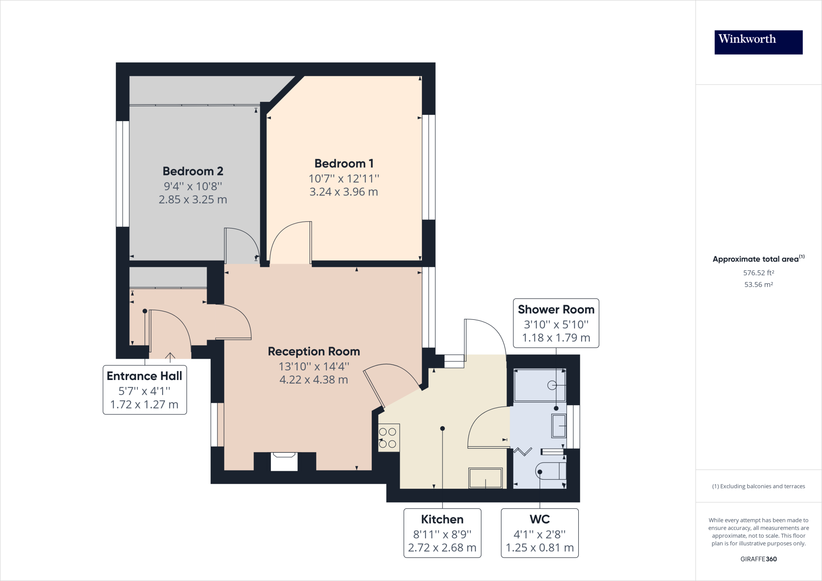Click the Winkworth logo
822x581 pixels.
(x=758, y=42)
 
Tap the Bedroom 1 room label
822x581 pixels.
(x=344, y=164)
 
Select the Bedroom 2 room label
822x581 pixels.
(x=193, y=171)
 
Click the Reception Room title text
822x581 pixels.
(x=313, y=351)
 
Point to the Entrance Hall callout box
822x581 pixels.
(x=144, y=390)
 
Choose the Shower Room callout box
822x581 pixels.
(x=556, y=323)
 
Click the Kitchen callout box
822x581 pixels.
(x=442, y=533)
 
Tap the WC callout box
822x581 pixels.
(x=539, y=533)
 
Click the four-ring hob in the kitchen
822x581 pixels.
(x=388, y=438)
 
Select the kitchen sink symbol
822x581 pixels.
(x=485, y=478)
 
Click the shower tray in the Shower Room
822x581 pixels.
(x=540, y=385)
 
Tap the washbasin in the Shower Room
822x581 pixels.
(x=559, y=426)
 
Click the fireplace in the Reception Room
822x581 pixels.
(x=284, y=461)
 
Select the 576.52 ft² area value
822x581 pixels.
(x=758, y=273)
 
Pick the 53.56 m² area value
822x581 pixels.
(x=758, y=284)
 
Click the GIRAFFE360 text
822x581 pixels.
(x=758, y=559)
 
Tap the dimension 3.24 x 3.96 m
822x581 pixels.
(x=344, y=192)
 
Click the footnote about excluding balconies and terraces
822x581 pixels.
(x=758, y=486)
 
